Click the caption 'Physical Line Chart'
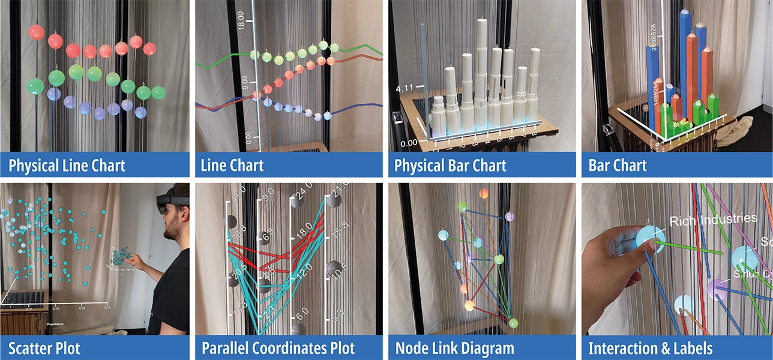[67, 165]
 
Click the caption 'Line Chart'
[232, 165]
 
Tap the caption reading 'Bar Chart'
[618, 165]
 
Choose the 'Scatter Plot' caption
[44, 348]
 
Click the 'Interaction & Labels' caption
[650, 348]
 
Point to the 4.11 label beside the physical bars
[404, 89]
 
